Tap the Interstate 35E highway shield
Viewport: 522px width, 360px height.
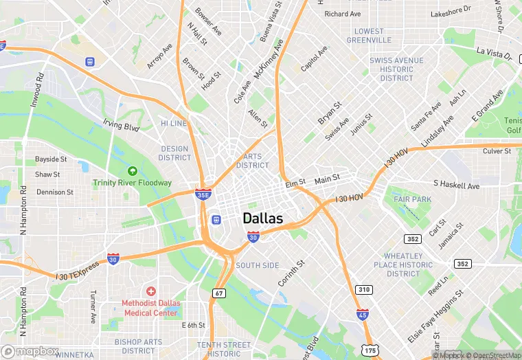[203, 194]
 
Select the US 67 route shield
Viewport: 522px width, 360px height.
[219, 293]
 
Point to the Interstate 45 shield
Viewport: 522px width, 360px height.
[363, 315]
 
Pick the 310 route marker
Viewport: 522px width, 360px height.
[363, 290]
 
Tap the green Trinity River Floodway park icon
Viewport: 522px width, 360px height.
[132, 170]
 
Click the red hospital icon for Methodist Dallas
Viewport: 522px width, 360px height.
[150, 292]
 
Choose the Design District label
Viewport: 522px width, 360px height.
[175, 153]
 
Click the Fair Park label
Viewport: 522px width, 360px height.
[412, 199]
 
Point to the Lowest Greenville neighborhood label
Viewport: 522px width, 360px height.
[369, 36]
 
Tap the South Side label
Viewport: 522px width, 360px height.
[257, 265]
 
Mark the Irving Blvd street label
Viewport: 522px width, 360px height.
[121, 126]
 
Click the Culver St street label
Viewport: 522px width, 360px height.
[497, 151]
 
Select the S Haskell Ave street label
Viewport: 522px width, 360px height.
[456, 185]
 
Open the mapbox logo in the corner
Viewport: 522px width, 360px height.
[31, 351]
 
